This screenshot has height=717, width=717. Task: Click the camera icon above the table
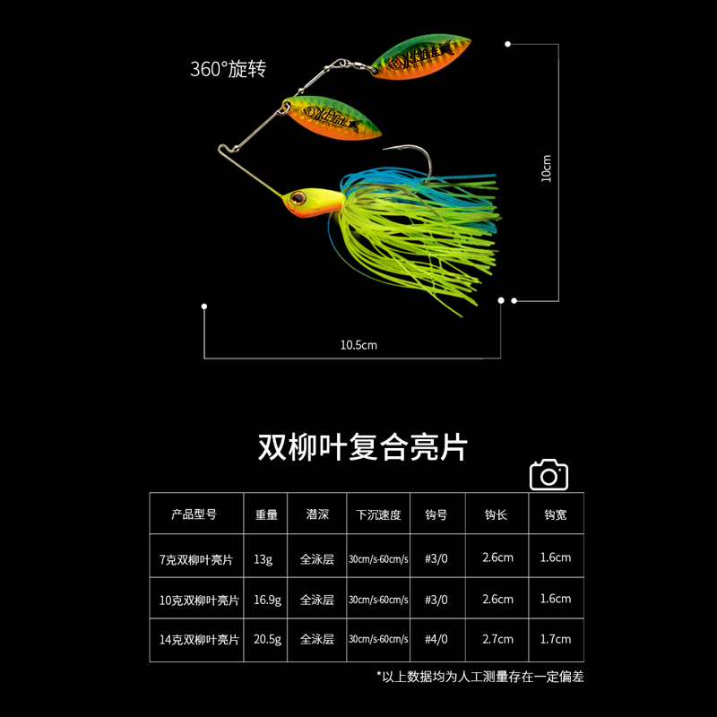[x=549, y=475]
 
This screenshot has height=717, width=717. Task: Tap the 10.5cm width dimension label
[x=358, y=344]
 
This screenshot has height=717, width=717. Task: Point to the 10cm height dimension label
[x=548, y=168]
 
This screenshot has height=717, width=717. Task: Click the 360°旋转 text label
[x=228, y=69]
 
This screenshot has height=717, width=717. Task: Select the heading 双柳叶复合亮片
[x=363, y=446]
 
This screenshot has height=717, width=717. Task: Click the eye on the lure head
[x=297, y=196]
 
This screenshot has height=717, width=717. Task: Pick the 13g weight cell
[x=263, y=558]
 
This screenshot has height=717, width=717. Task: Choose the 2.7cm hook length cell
[x=497, y=639]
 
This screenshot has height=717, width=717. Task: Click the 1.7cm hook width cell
[x=556, y=639]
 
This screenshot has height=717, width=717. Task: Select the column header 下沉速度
[x=378, y=515]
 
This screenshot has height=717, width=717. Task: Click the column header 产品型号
[x=194, y=515]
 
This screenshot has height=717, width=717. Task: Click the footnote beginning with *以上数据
[x=479, y=677]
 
